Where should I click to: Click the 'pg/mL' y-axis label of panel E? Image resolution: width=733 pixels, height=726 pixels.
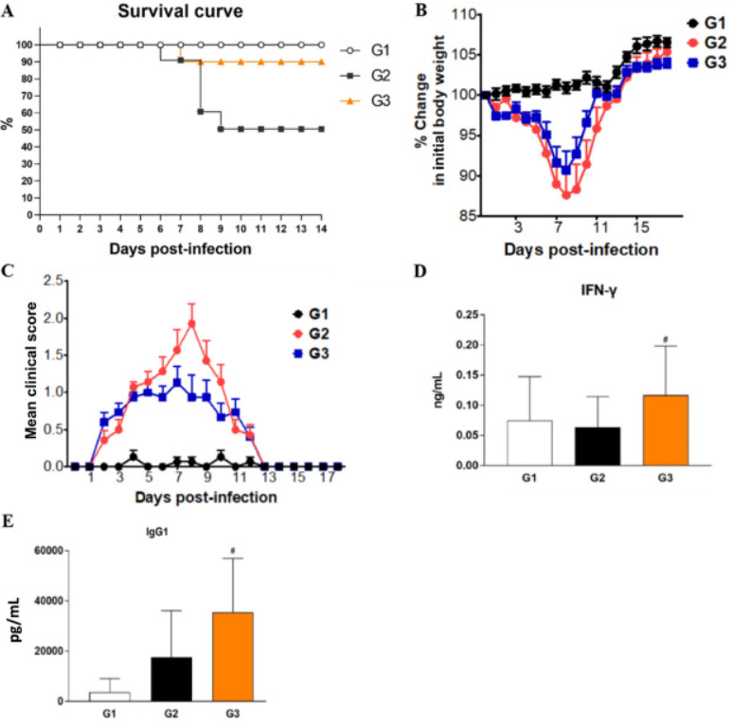[17, 627]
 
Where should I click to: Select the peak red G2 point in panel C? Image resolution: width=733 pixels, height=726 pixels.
[191, 323]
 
